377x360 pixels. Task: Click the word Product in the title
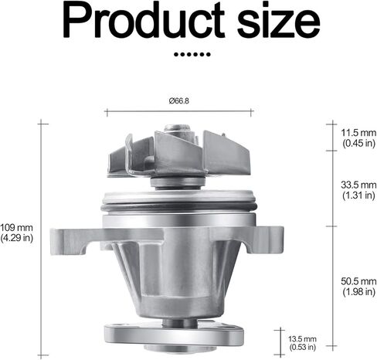144,20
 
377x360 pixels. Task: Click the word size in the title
278,22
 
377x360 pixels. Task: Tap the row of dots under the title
192,54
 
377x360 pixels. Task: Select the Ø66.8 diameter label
178,100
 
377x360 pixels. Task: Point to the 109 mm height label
16,228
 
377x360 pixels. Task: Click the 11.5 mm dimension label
358,133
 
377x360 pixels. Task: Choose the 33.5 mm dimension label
358,185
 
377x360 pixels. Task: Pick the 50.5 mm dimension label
358,281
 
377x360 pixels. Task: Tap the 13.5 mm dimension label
302,339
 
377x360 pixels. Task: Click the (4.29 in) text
17,238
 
